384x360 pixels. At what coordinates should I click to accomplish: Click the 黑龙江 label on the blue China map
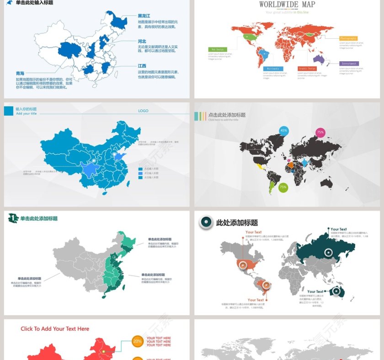(x=144, y=16)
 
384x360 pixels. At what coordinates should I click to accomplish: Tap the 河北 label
(x=142, y=41)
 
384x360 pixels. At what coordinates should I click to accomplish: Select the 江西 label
(x=142, y=66)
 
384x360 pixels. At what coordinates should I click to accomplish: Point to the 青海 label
(x=20, y=73)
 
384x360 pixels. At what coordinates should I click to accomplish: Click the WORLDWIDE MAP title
(x=287, y=5)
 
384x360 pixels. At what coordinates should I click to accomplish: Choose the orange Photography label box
(x=348, y=38)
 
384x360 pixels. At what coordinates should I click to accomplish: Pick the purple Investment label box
(x=349, y=64)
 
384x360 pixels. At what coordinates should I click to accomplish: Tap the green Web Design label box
(x=217, y=49)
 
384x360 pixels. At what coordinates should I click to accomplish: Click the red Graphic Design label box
(x=307, y=69)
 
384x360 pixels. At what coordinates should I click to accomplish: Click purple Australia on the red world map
(x=319, y=59)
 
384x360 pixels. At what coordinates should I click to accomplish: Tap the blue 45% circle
(x=284, y=131)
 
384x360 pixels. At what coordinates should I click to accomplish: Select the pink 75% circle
(x=320, y=132)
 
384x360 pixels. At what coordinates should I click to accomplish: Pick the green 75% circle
(x=283, y=187)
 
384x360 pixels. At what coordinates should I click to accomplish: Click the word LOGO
(x=143, y=111)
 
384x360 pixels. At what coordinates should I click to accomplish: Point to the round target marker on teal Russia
(x=328, y=252)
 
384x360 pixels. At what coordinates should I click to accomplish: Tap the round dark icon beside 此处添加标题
(x=206, y=222)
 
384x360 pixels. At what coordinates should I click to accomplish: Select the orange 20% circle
(x=137, y=341)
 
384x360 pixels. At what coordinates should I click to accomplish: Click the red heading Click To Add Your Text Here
(x=55, y=329)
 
